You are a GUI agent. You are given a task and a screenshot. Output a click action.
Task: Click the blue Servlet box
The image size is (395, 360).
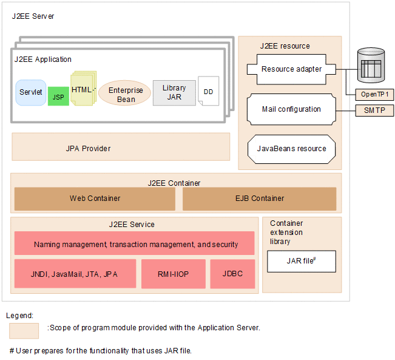point(31,92)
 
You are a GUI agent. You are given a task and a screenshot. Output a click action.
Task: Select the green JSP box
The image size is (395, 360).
point(58,97)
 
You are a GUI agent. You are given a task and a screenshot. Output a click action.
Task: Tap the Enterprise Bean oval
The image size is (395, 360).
point(126,95)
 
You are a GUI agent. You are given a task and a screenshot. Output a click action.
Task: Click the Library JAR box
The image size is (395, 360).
point(174,93)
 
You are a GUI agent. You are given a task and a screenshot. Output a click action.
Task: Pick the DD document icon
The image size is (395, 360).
point(208,92)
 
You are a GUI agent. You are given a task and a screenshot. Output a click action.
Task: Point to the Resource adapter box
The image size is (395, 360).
point(292,69)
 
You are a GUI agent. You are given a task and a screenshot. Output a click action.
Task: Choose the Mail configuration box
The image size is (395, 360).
point(291,109)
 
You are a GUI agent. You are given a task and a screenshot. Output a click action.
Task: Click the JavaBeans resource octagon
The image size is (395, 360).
point(291,149)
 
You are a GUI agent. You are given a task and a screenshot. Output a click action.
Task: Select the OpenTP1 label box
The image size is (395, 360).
point(374,94)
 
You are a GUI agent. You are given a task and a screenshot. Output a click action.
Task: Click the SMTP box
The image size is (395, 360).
point(374,110)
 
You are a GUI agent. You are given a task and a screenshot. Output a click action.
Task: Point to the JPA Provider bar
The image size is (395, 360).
point(121,148)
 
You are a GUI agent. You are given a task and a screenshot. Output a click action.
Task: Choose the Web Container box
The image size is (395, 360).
point(95,199)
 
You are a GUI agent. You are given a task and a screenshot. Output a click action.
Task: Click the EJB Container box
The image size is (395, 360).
point(259,199)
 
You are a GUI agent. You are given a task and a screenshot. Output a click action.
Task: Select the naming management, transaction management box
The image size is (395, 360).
point(135,244)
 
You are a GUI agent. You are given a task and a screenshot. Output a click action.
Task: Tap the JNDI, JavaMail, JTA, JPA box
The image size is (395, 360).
point(75,274)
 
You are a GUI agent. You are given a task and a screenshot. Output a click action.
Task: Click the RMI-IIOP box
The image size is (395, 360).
point(172,274)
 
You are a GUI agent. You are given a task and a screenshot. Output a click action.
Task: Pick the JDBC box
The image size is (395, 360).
point(232,274)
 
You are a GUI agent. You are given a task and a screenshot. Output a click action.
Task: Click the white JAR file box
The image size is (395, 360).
point(301,261)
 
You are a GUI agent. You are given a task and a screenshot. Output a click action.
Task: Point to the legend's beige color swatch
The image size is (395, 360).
point(24,330)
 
